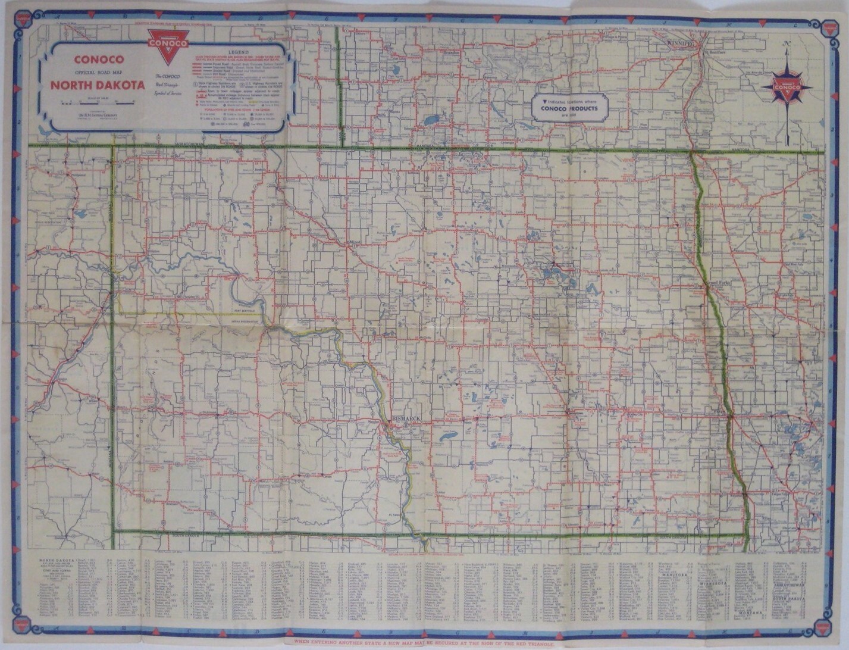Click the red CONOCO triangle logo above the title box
[168, 43]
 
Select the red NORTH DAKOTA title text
[98, 85]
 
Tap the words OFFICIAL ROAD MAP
[99, 73]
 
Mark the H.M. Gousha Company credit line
[98, 115]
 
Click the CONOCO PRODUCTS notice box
[569, 107]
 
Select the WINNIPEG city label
[681, 44]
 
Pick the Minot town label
[355, 242]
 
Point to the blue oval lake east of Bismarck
[448, 438]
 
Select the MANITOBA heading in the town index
[675, 576]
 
